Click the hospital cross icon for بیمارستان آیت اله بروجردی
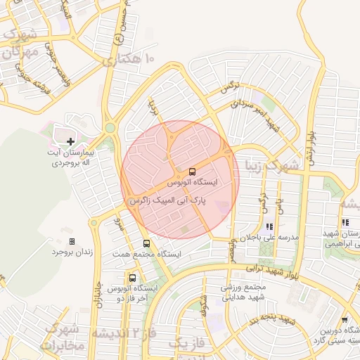pos(70,141)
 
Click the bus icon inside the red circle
pos(192,172)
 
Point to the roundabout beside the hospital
pos(110,127)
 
